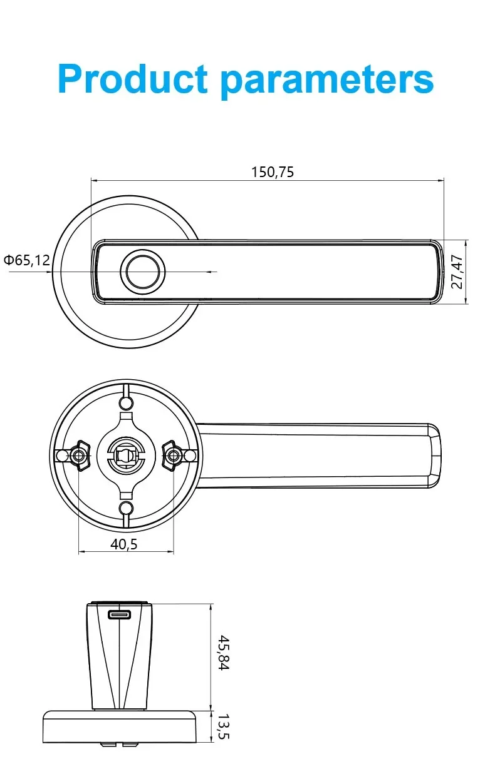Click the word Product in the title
click(x=132, y=79)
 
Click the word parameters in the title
click(x=327, y=82)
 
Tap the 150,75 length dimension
click(x=273, y=172)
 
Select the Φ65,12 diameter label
click(x=27, y=260)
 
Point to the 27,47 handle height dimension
click(x=457, y=272)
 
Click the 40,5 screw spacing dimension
click(x=123, y=544)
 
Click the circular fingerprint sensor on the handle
click(x=143, y=272)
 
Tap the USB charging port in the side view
click(x=119, y=614)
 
